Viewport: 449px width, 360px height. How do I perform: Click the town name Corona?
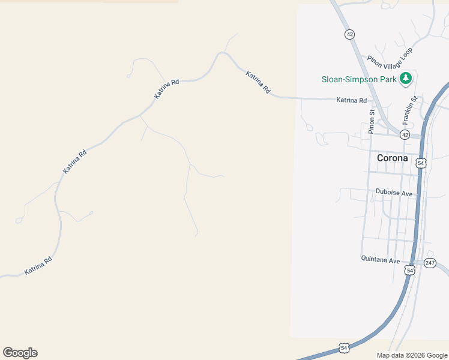point(392,158)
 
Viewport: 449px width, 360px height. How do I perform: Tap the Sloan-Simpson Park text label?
point(358,79)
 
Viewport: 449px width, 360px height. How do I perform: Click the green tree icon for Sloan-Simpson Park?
point(406,78)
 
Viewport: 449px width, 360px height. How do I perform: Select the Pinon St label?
point(372,121)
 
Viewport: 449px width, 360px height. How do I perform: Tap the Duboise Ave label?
point(394,193)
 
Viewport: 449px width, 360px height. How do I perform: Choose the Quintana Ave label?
point(381,260)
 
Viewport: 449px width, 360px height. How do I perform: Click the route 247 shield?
point(430,263)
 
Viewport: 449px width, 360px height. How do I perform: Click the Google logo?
point(20,353)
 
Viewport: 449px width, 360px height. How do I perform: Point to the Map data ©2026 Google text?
point(412,355)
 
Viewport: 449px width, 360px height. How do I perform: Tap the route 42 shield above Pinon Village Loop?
point(349,34)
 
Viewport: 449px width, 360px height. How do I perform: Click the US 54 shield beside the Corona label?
point(421,163)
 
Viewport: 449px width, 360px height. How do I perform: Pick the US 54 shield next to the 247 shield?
point(409,270)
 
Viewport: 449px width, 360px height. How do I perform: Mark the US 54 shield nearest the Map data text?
point(344,347)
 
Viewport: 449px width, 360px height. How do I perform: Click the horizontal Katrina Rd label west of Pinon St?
point(351,100)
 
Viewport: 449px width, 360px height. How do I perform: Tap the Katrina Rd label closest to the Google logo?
point(39,266)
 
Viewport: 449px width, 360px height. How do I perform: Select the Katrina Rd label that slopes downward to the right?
point(258,82)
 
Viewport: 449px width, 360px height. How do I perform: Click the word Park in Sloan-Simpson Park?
point(388,79)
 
